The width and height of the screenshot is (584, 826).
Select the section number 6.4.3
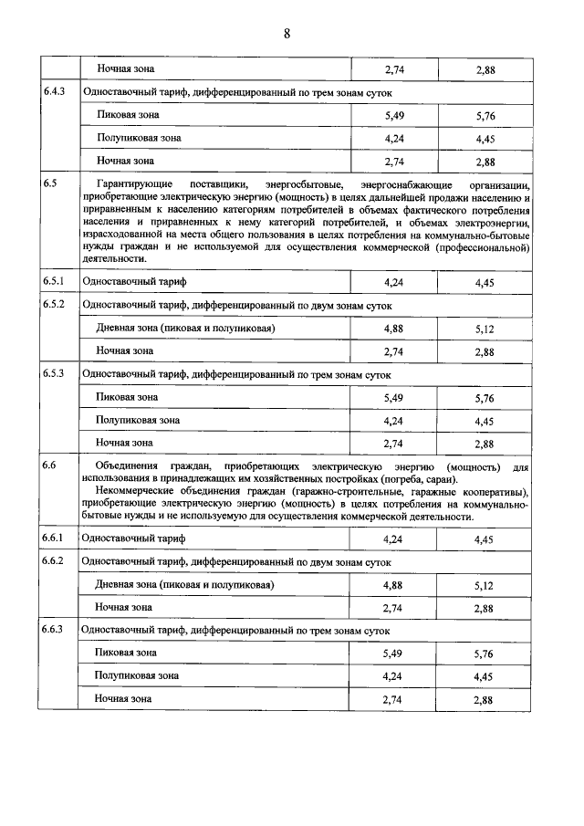pyautogui.click(x=54, y=92)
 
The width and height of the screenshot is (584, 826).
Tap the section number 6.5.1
pyautogui.click(x=54, y=281)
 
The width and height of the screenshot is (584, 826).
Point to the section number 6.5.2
pyautogui.click(x=54, y=304)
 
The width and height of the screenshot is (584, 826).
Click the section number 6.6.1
pyautogui.click(x=54, y=538)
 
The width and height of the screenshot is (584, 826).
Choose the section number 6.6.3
pyautogui.click(x=54, y=630)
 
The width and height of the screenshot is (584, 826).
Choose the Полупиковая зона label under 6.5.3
pyautogui.click(x=139, y=420)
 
